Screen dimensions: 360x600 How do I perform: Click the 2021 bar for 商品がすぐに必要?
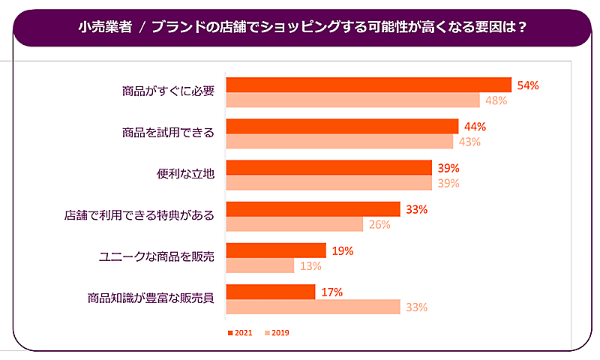[x=368, y=85]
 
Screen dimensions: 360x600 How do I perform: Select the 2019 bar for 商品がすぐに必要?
[x=352, y=100]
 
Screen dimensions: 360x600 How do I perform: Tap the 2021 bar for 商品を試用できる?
[x=342, y=126]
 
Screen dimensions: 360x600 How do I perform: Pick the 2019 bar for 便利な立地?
[x=328, y=183]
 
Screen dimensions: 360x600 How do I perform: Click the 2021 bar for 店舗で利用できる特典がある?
[x=313, y=209]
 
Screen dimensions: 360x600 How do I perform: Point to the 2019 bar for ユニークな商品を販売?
[x=259, y=265]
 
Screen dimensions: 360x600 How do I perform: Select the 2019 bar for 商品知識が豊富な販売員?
[x=313, y=307]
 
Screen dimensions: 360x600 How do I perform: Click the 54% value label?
[x=528, y=85]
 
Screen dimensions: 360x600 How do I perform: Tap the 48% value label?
[x=496, y=100]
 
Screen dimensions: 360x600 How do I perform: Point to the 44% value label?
[x=475, y=127]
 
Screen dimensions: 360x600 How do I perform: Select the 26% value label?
[x=379, y=224]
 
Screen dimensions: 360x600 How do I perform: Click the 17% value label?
[x=331, y=292]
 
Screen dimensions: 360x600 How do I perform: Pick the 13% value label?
[x=310, y=265]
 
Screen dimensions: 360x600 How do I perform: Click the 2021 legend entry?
[x=241, y=332]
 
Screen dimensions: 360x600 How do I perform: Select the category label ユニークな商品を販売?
[x=157, y=256]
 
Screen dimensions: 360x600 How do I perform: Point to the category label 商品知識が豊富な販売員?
[x=151, y=298]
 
